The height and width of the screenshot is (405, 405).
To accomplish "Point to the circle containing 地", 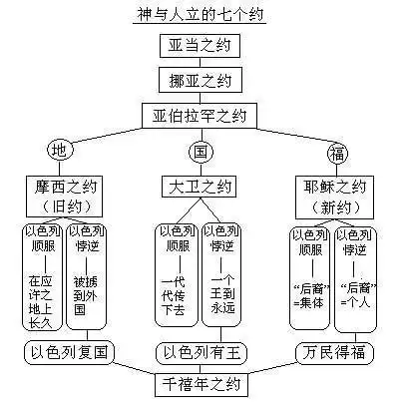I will coord(60,153).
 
